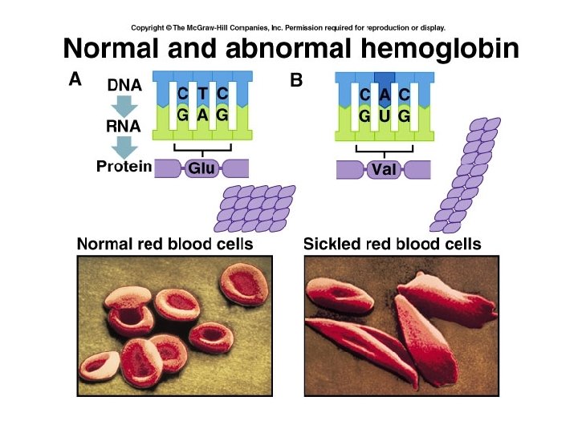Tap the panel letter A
75,80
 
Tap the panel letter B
295,80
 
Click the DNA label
124,83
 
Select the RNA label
124,126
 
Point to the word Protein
124,167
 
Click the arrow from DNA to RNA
125,105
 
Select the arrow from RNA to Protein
125,147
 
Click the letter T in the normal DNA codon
203,93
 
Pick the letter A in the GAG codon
203,115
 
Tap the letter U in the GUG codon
385,117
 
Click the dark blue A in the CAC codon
385,95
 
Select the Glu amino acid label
202,168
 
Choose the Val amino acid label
385,170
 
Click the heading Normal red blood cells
165,244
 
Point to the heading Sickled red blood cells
393,244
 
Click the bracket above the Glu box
202,149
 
